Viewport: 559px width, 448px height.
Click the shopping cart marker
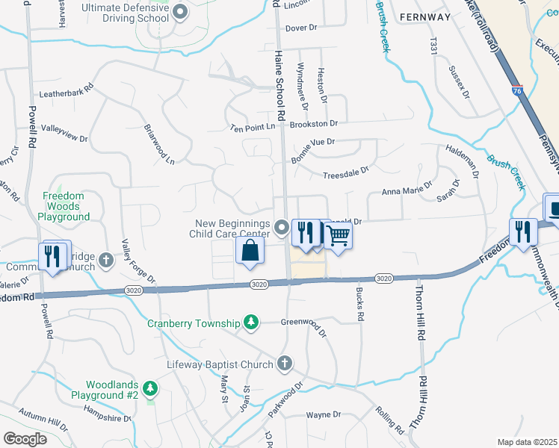[338, 236]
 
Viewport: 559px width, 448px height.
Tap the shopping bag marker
[250, 251]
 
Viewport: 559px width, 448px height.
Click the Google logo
[25, 439]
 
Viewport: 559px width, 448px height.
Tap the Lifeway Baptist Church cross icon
[284, 364]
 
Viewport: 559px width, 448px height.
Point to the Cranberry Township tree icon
[253, 323]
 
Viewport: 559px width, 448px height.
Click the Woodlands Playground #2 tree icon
[150, 388]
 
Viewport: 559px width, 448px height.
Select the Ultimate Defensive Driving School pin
[180, 12]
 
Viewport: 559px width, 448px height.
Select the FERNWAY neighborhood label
[424, 16]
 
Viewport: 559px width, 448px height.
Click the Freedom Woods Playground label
[66, 206]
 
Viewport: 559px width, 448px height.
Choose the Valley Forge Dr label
[140, 264]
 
